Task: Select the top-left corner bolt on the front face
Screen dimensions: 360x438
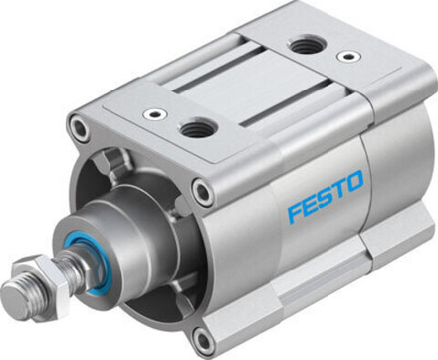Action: click(78, 127)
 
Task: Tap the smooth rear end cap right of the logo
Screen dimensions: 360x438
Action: click(393, 189)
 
